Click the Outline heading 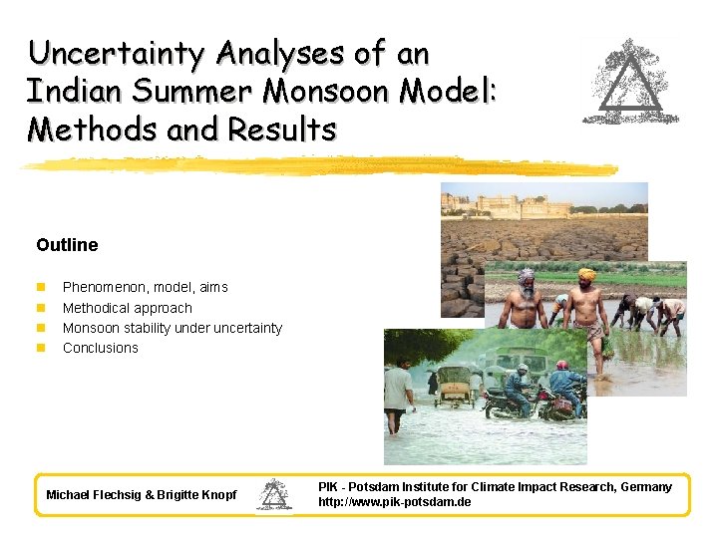point(67,244)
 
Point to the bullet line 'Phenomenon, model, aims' point(145,287)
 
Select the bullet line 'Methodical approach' point(127,308)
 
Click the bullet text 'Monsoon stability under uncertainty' point(172,328)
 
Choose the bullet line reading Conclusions point(100,348)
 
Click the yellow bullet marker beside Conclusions point(41,348)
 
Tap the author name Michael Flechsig point(99,495)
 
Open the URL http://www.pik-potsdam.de point(394,502)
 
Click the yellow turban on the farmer point(586,274)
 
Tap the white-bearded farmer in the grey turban point(526,299)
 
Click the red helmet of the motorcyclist point(562,366)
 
